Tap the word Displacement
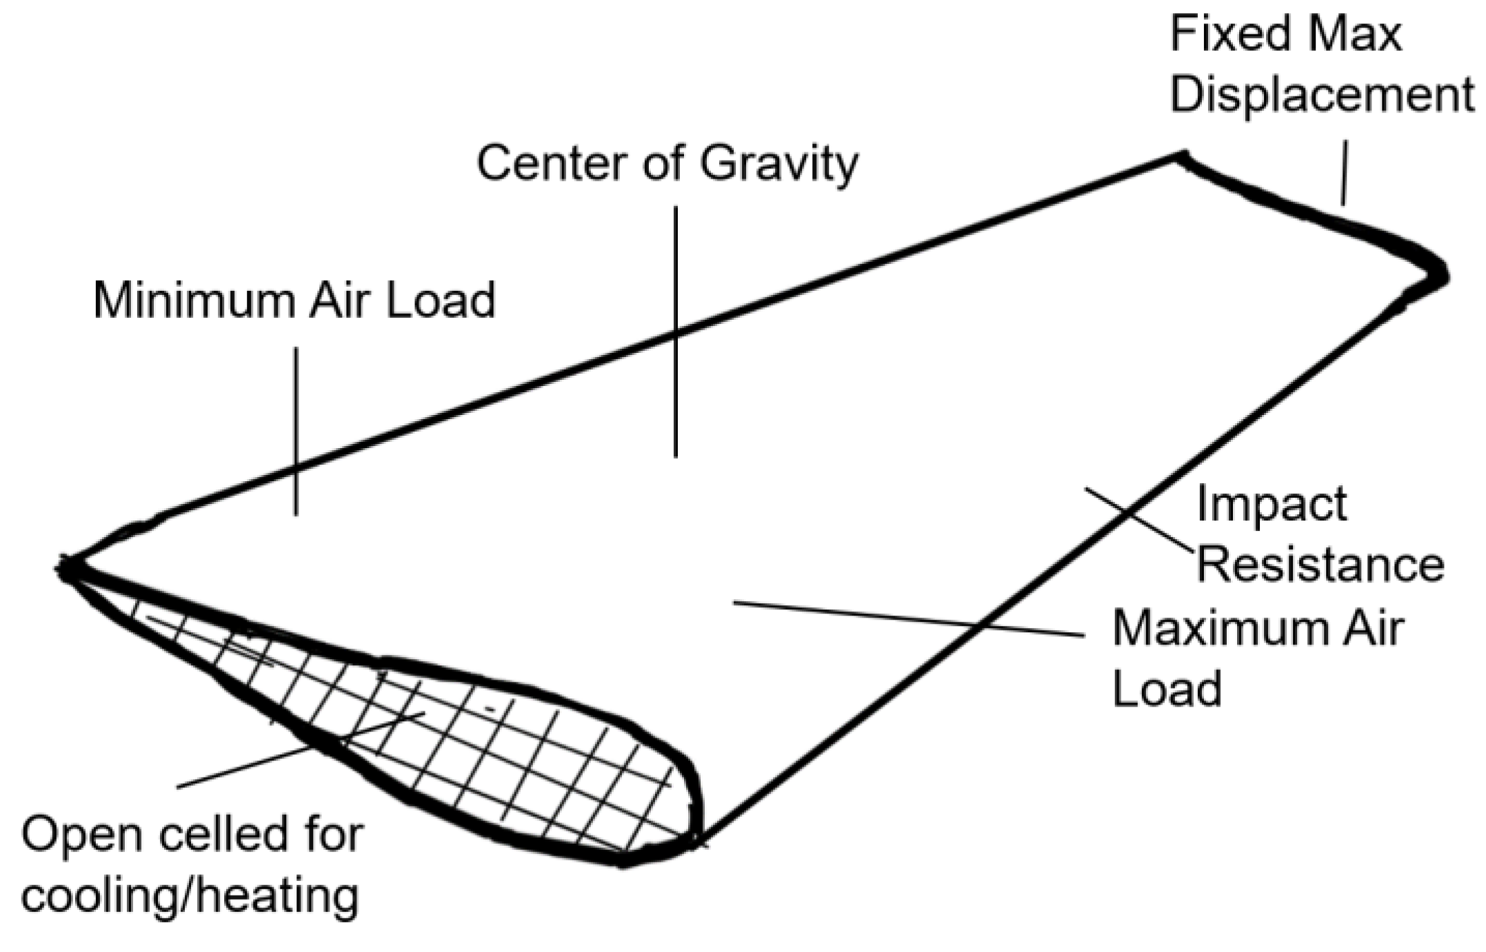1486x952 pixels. coord(1321,95)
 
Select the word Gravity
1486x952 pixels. coord(779,164)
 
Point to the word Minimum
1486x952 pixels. coord(196,301)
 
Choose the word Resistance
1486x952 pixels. coord(1320,565)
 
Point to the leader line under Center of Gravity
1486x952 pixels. coord(676,331)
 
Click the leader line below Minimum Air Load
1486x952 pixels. coord(297,431)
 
